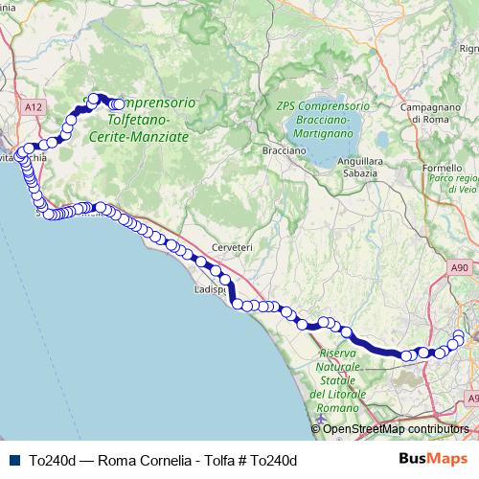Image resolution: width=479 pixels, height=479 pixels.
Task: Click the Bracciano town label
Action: pos(284,151)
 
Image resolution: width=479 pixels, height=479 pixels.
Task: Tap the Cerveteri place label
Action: pos(232,247)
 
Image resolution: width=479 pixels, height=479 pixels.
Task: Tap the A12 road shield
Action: pos(34,109)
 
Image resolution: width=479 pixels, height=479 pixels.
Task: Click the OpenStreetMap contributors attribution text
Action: pos(396,429)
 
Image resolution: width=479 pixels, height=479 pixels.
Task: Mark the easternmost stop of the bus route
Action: pos(460,335)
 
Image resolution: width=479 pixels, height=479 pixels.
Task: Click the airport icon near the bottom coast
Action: pos(318,420)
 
